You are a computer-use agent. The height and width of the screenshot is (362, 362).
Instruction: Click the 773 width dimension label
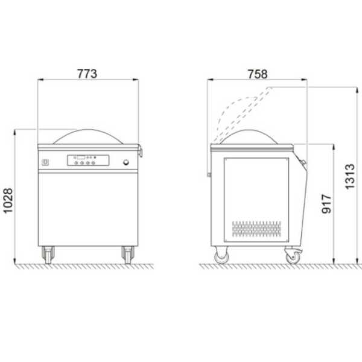pos(87,74)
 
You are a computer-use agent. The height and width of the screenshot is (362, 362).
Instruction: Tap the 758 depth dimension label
pos(258,74)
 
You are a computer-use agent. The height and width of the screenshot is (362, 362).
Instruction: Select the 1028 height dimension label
pos(8,201)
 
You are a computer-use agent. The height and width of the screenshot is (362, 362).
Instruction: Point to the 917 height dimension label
pos(326,204)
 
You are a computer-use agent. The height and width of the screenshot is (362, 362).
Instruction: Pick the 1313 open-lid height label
pos(350,177)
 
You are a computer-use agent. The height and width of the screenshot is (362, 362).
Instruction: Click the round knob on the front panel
pos(126,162)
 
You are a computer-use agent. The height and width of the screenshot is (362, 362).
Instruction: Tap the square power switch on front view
pos(45,162)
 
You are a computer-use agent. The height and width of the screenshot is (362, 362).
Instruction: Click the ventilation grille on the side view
pos(256,229)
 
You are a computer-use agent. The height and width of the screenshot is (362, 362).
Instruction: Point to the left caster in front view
pos(48,255)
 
